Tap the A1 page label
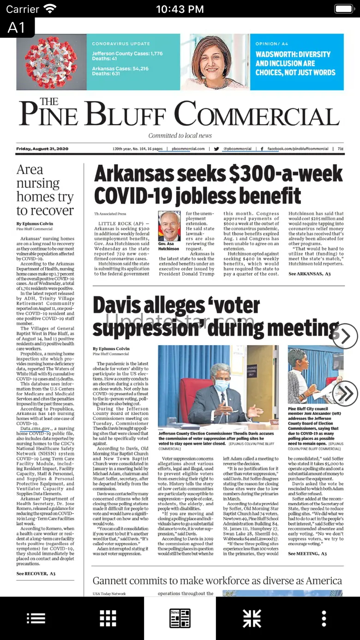(x=17, y=28)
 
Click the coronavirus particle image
(x=51, y=62)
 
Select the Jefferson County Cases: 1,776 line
(x=127, y=54)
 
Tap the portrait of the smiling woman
(x=216, y=62)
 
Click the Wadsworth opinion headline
(x=295, y=63)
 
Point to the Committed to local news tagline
(x=180, y=136)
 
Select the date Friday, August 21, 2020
(x=42, y=149)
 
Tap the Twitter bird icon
(x=216, y=149)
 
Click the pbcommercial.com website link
(x=188, y=149)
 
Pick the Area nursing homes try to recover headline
(x=45, y=190)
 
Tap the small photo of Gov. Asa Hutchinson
(x=169, y=226)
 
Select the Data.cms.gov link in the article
(x=36, y=429)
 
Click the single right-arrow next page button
(x=345, y=336)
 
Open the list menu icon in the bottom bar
(x=36, y=618)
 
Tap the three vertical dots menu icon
(x=324, y=618)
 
